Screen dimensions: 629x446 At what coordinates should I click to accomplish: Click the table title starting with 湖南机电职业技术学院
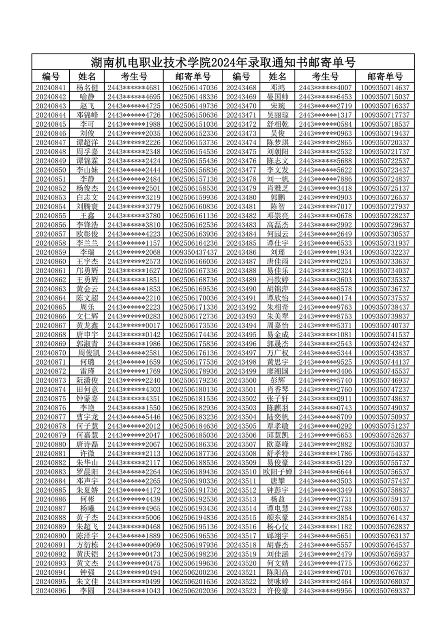point(223,62)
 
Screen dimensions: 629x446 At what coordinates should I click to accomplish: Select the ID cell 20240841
point(51,87)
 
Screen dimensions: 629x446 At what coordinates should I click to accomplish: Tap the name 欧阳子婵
point(278,472)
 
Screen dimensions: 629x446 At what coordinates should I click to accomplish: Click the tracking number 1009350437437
point(193,252)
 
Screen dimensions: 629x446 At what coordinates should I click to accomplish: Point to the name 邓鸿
point(278,87)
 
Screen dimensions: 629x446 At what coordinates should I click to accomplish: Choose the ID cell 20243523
point(241,591)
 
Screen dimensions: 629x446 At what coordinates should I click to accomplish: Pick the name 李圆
point(87,591)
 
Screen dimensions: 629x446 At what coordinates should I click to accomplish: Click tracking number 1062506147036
point(193,87)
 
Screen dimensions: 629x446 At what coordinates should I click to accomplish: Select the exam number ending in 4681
point(134,87)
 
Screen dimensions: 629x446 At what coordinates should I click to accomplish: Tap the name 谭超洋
point(87,142)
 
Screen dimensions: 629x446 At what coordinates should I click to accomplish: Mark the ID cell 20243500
point(241,380)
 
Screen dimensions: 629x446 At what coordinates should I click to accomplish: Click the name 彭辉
point(278,380)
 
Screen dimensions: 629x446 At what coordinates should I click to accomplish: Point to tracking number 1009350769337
point(385,591)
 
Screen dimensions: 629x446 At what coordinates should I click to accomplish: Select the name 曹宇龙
point(87,417)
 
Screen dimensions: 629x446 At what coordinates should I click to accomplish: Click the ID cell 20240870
point(51,353)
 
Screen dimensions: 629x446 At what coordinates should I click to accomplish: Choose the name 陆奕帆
point(278,417)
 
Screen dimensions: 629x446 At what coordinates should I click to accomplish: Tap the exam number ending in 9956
point(325,591)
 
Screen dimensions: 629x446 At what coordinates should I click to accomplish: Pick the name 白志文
point(87,198)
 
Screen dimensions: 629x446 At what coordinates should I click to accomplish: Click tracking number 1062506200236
point(193,572)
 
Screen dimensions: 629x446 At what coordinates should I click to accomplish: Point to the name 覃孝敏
point(278,426)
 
